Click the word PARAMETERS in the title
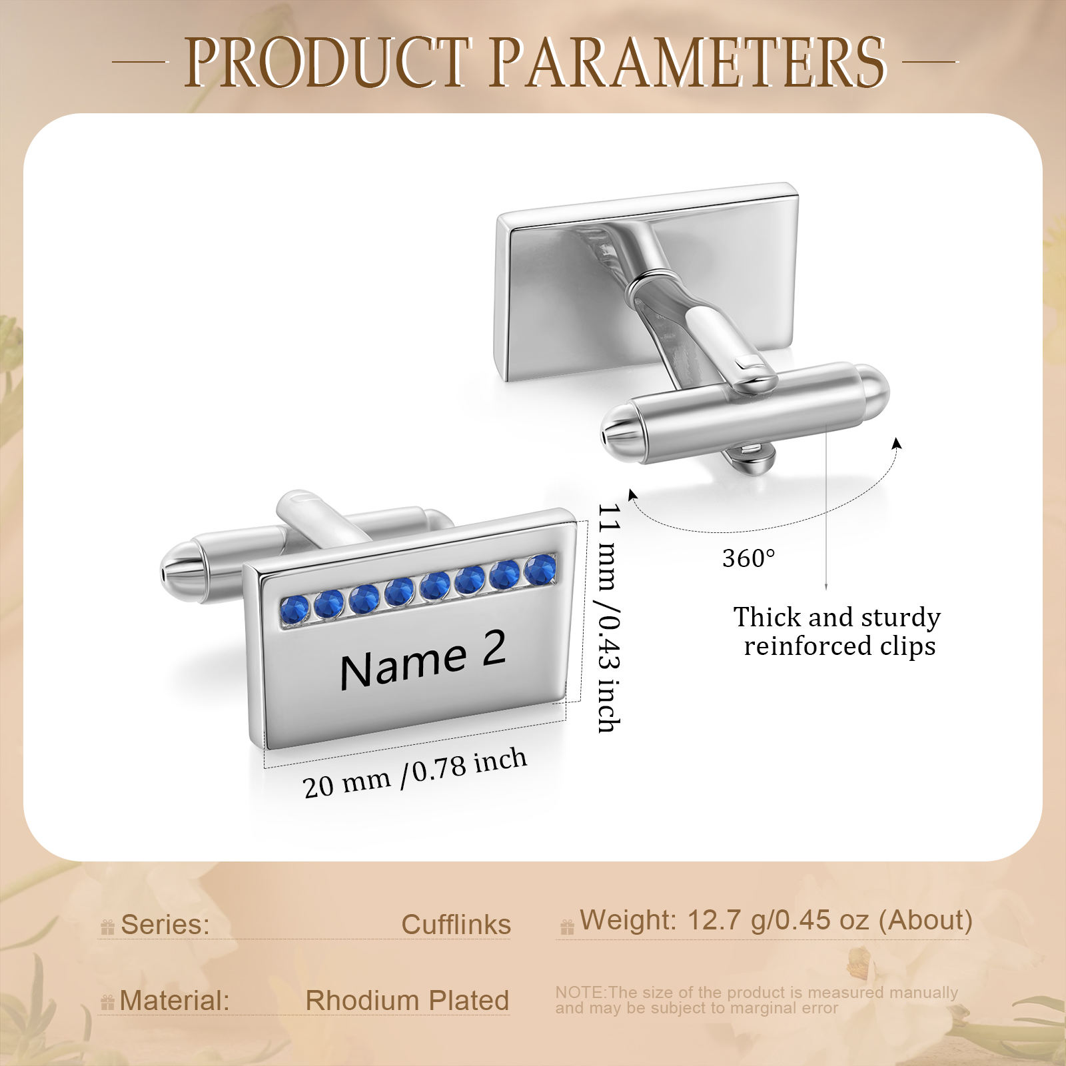689,63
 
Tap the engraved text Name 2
422,659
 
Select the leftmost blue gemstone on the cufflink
294,610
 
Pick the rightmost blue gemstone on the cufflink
540,570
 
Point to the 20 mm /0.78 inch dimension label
415,774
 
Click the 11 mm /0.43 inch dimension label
608,618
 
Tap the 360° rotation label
749,558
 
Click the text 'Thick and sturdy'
837,618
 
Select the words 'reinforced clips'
839,646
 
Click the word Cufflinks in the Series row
456,925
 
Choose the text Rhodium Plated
407,1001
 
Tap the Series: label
165,925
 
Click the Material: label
175,1001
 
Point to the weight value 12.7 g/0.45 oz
778,920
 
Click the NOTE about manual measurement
757,1000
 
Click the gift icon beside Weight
567,927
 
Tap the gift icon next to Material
107,1002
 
